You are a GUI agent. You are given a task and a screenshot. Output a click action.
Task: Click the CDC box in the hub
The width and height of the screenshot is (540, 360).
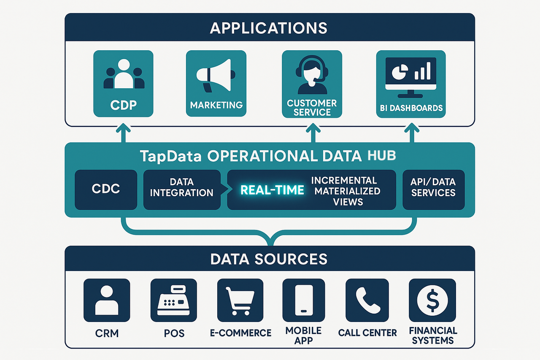pos(106,189)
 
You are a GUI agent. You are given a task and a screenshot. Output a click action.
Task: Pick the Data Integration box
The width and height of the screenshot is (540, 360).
pos(182,189)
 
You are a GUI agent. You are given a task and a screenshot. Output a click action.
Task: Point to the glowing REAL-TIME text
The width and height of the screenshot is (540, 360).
pos(272,190)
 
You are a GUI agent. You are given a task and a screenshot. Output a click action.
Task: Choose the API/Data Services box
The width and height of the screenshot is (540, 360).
pos(433,189)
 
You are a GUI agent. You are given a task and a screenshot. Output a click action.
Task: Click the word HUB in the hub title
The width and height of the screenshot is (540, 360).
pos(381,155)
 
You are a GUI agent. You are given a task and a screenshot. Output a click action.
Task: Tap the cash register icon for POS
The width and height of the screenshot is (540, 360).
pos(174,300)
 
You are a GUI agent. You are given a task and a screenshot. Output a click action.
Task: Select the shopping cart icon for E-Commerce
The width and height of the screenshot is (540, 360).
pos(240,300)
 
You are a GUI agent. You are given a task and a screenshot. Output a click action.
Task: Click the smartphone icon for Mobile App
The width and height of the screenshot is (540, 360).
pos(304,300)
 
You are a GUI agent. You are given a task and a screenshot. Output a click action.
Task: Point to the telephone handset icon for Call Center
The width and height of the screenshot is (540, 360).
pos(367,300)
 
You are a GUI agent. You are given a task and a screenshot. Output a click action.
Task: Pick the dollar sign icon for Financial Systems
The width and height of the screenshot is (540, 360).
pos(432,300)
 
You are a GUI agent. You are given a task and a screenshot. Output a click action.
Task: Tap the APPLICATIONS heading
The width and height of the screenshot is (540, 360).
pos(269,28)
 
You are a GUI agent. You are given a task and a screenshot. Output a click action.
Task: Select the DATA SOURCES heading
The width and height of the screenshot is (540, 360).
pos(269,259)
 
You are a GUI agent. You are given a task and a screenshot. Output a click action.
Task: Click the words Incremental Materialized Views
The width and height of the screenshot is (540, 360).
pos(345,191)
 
